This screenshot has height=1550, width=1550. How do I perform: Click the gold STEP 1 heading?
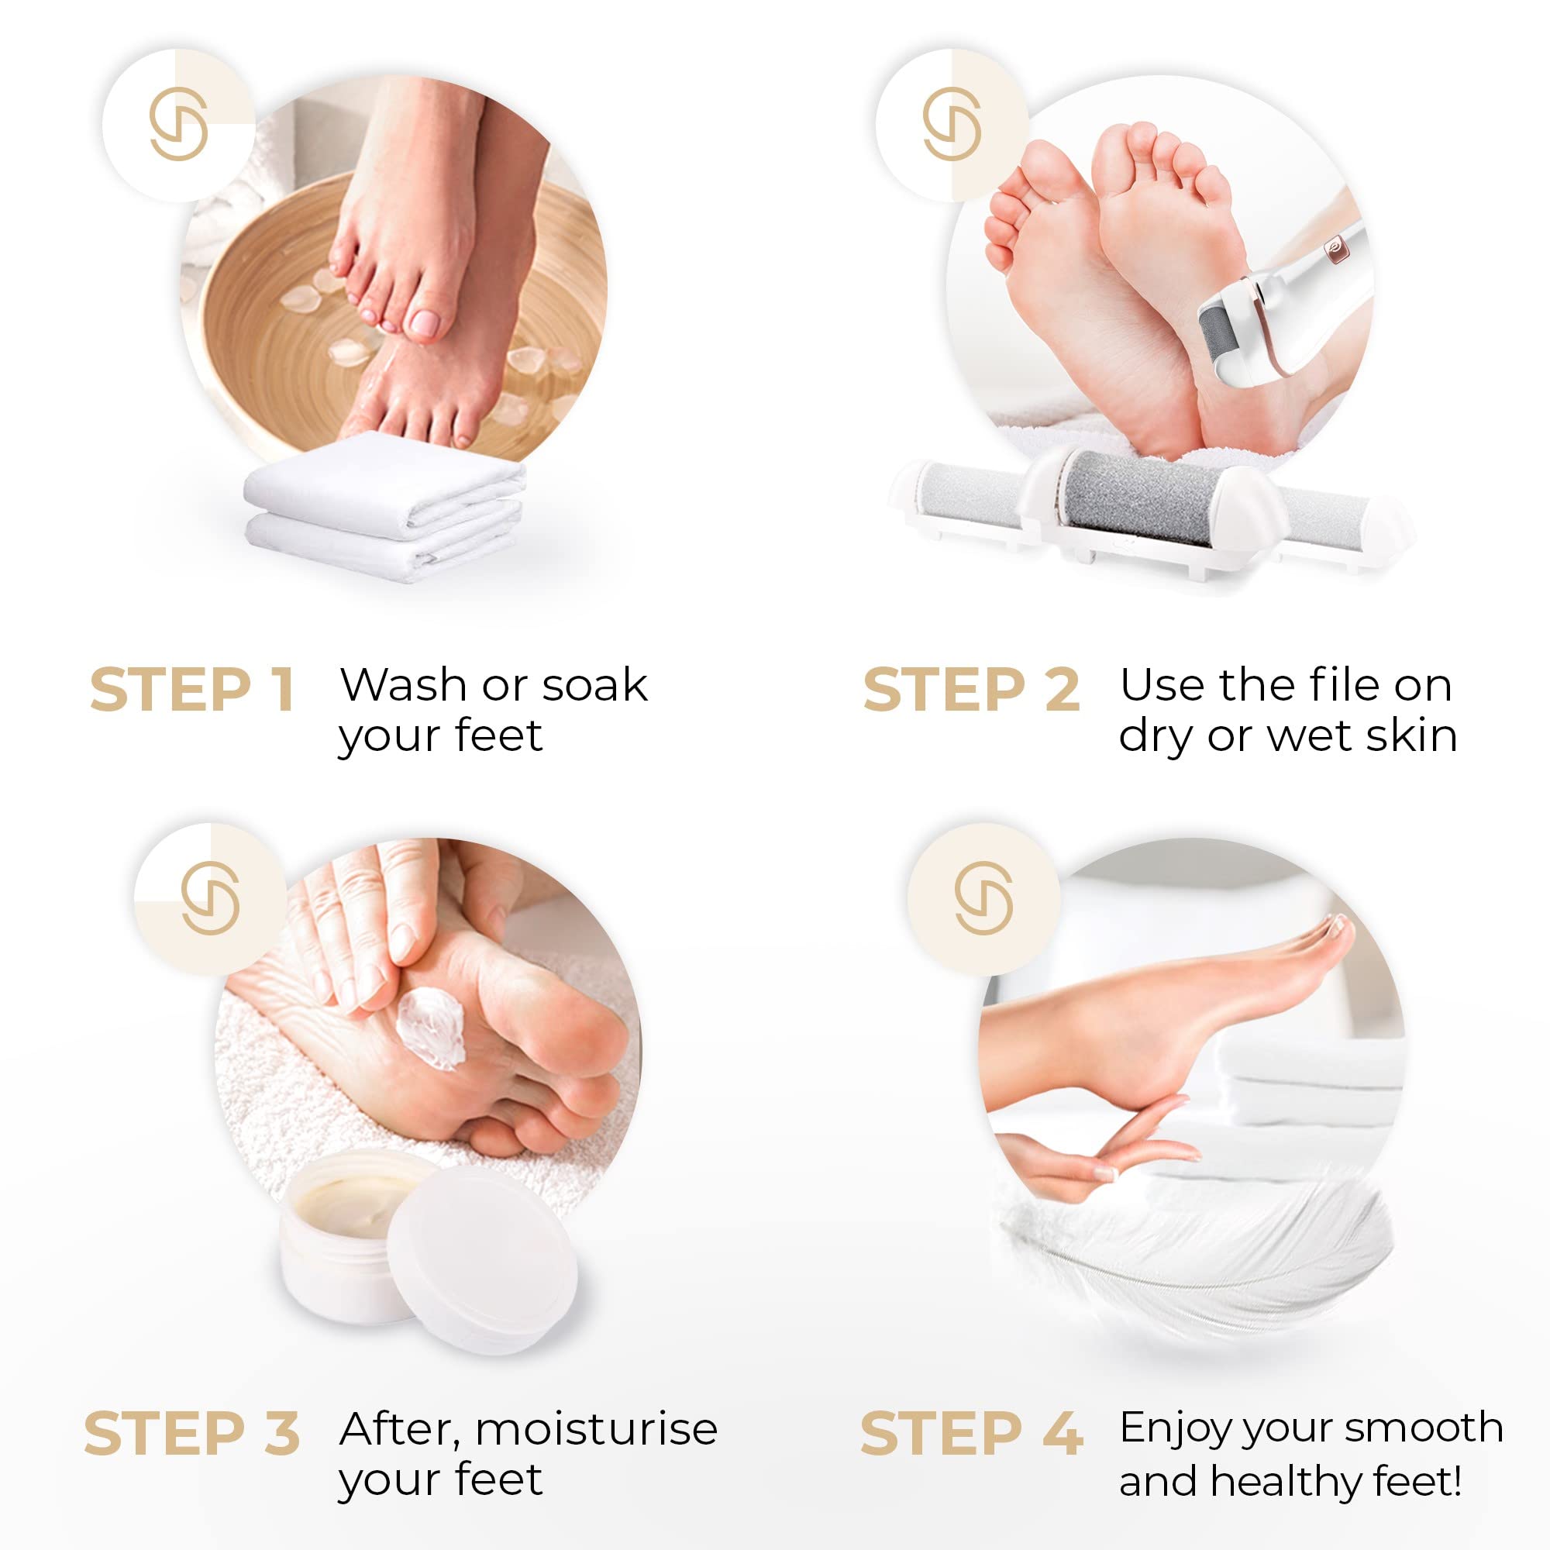point(191,690)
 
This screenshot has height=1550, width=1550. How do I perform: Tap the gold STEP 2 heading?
point(971,690)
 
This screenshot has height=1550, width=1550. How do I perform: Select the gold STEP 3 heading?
point(191,1435)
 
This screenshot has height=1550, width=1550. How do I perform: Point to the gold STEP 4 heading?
point(971,1435)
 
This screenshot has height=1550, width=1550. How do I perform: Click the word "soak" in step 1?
point(595,685)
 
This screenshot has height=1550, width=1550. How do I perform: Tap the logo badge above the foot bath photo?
point(179,125)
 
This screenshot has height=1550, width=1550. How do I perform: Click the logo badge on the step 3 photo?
point(210,898)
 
